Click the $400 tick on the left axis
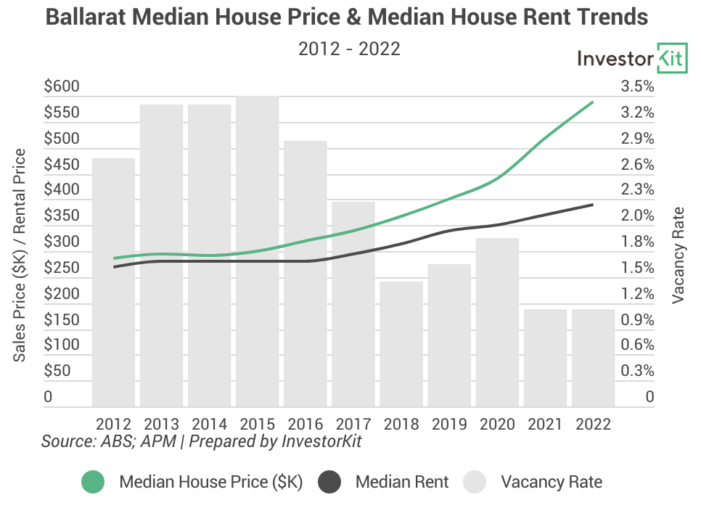click(62, 190)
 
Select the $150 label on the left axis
click(62, 319)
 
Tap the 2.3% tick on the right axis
click(637, 190)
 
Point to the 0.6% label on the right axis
click(637, 345)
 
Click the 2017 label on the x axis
click(353, 424)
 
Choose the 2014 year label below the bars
click(209, 424)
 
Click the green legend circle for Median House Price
click(93, 482)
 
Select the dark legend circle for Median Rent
click(329, 482)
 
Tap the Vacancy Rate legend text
click(552, 482)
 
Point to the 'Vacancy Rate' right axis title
click(679, 255)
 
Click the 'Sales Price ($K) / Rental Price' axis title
click(20, 255)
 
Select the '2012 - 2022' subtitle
click(350, 49)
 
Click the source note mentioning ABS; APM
click(201, 441)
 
